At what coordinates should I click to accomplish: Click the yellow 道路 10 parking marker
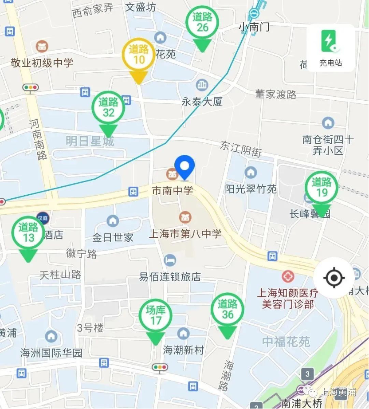click(x=139, y=55)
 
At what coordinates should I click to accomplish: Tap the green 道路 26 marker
click(x=202, y=23)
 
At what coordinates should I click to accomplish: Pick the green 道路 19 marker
click(x=322, y=187)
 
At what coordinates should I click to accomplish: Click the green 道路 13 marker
click(x=28, y=233)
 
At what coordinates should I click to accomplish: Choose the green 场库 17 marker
click(x=155, y=315)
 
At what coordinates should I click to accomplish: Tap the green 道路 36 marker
click(x=228, y=310)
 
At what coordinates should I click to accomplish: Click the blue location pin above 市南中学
click(x=184, y=166)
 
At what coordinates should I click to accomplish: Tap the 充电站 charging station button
click(x=330, y=48)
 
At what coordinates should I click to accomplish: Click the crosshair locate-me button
click(x=334, y=278)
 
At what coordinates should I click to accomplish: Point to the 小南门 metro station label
click(x=254, y=27)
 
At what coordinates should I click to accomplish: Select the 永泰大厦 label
click(x=202, y=102)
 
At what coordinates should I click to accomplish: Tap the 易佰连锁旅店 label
click(x=170, y=277)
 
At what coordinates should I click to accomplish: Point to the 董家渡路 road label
click(x=275, y=94)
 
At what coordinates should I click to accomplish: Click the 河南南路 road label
click(x=39, y=139)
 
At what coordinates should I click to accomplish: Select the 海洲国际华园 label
click(x=51, y=353)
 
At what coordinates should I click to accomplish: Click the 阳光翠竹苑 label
click(x=251, y=189)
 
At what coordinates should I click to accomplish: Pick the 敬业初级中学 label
click(x=42, y=63)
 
